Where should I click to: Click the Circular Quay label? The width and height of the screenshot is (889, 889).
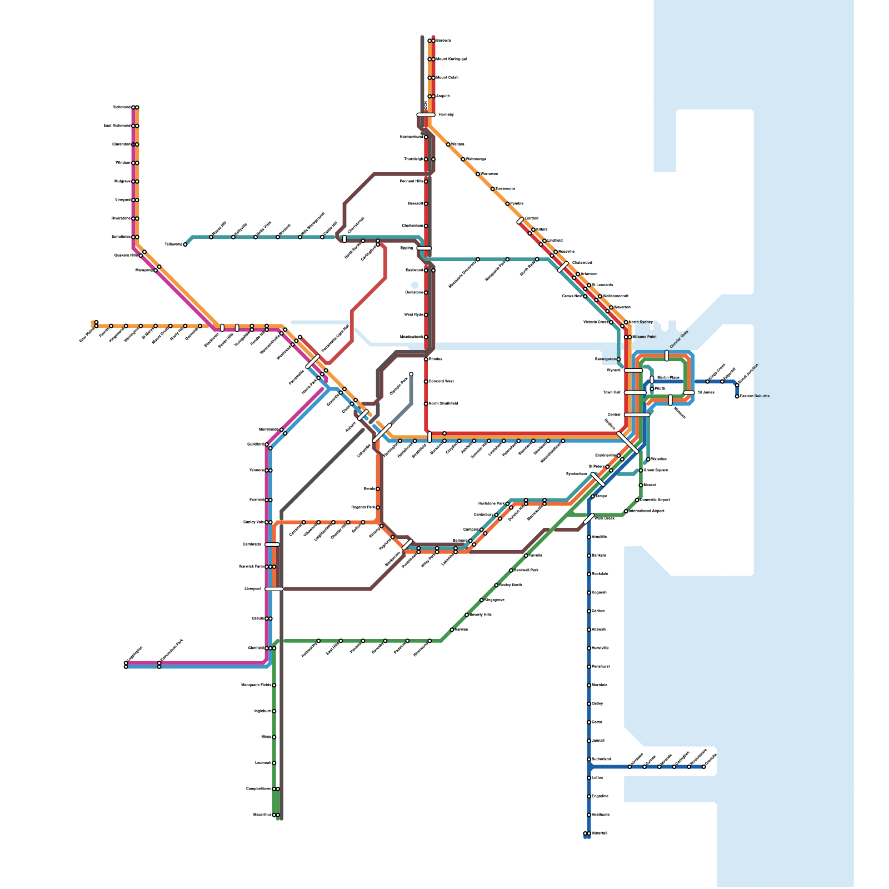(679, 339)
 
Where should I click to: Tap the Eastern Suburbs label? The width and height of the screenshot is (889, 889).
(755, 396)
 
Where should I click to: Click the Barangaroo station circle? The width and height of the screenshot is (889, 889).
(618, 359)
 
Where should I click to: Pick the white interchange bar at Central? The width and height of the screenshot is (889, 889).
(637, 414)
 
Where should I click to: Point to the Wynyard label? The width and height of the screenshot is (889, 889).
(613, 370)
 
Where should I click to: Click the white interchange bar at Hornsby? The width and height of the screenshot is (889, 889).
(426, 115)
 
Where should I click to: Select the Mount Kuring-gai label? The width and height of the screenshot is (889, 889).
(451, 59)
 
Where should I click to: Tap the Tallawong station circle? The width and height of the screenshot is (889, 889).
(185, 244)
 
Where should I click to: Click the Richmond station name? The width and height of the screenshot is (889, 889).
(121, 107)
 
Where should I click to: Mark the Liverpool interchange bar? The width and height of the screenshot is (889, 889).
(274, 589)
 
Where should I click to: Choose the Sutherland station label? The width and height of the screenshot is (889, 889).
(601, 759)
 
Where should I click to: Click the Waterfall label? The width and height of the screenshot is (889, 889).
(600, 833)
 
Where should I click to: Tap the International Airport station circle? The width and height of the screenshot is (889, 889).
(626, 511)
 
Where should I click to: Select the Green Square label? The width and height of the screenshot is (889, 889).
(656, 470)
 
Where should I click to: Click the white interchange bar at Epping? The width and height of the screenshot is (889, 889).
(424, 248)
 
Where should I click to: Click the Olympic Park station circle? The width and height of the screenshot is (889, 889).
(411, 374)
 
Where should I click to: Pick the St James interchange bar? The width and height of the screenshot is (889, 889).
(689, 393)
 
